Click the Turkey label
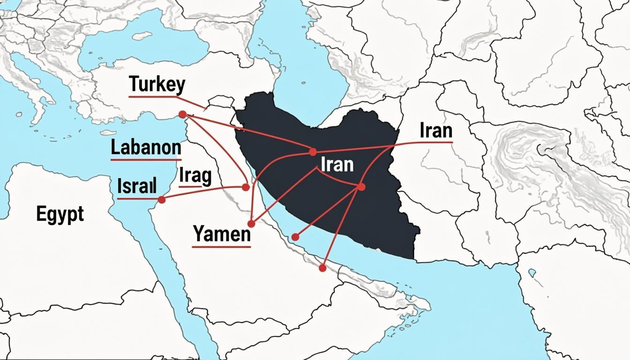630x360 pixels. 157,85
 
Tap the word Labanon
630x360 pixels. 146,148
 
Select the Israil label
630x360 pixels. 136,186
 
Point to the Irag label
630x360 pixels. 195,176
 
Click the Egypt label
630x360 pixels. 60,214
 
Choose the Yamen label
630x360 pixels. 222,233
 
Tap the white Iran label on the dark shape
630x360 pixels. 337,165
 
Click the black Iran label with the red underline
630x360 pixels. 436,131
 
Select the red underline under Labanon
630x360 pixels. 146,160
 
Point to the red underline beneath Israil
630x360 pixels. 138,199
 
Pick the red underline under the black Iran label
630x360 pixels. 434,142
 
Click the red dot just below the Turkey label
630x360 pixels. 182,114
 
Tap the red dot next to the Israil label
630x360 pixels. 162,200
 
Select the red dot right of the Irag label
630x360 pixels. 245,187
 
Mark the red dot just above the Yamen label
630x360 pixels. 251,224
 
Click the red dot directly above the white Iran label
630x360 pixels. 313,151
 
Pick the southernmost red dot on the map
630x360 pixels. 322,268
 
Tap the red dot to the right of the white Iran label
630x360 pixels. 361,187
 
